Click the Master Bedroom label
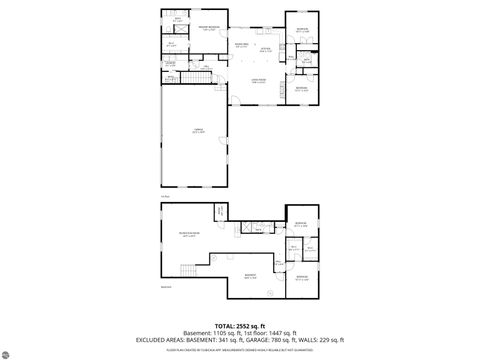209,28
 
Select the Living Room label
258,82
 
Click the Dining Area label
241,45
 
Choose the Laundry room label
170,64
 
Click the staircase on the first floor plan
203,78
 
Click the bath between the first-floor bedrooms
306,59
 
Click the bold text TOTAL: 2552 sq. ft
240,326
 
